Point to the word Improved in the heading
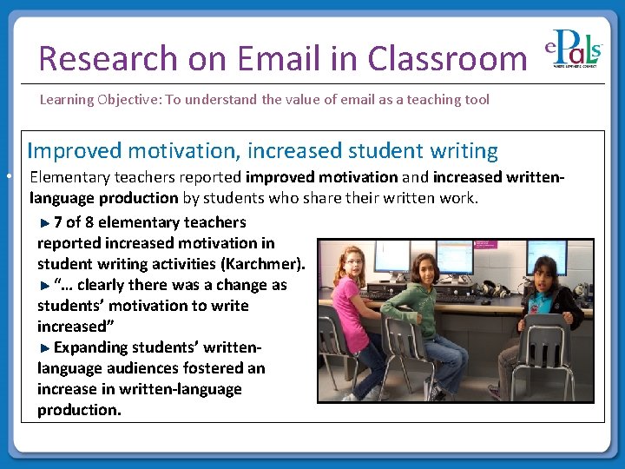(x=75, y=150)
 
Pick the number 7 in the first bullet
(x=57, y=222)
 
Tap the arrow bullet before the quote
(x=45, y=285)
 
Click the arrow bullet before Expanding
(x=45, y=347)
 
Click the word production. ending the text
(x=79, y=409)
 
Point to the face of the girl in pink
(x=353, y=260)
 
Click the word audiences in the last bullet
(x=144, y=368)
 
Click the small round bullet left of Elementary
(x=7, y=176)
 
